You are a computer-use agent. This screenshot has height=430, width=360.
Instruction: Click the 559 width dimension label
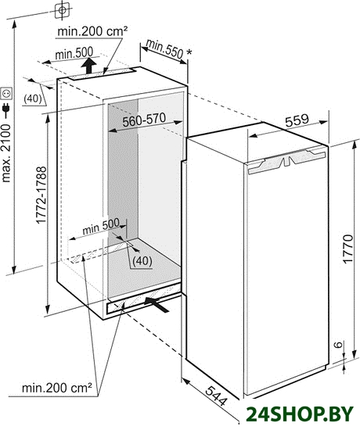tap(297, 120)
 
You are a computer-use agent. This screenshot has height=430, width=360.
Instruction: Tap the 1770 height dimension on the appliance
tap(348, 249)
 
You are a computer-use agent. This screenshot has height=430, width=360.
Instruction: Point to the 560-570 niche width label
tap(144, 120)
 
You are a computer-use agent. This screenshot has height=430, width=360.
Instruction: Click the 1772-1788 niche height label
tap(41, 195)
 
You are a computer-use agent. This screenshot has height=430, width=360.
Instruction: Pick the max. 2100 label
tap(6, 153)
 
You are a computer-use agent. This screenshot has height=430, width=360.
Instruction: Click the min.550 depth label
tap(164, 48)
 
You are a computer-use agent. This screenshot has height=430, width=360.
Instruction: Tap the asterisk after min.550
tap(189, 52)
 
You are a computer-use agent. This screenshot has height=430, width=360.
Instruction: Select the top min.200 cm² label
tap(92, 31)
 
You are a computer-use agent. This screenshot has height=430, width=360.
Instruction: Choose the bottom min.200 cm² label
tap(56, 388)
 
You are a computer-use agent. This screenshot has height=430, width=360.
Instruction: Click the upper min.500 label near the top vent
tap(74, 53)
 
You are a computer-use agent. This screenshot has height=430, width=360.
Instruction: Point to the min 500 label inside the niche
tap(101, 227)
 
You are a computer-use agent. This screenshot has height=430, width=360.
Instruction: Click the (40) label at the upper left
tap(33, 99)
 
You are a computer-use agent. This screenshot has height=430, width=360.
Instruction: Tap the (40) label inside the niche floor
tap(142, 261)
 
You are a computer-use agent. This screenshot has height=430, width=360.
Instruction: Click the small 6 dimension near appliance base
tap(340, 344)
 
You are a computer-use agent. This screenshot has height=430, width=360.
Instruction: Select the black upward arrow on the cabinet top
tap(89, 66)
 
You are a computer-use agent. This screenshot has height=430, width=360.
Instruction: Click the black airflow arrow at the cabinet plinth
tap(156, 303)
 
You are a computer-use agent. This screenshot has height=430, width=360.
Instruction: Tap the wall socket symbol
tap(6, 94)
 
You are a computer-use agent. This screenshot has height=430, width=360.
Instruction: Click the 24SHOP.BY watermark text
tap(300, 414)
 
